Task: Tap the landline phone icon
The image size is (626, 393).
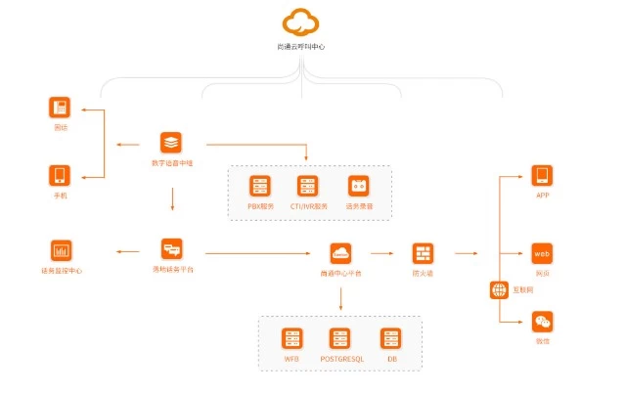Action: point(60,107)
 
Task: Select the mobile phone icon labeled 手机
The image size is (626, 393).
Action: point(60,176)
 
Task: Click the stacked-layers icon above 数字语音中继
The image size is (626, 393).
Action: point(171,142)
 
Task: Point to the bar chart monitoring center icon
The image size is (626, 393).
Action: point(61,250)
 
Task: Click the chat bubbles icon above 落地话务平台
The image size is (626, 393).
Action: point(172,249)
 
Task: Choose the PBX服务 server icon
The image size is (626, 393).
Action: point(260,186)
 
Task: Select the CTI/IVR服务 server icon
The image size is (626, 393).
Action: point(308,186)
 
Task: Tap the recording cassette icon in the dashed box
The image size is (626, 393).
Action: point(358,186)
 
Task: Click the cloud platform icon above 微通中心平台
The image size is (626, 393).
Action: point(340,253)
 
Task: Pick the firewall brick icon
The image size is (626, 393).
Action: point(423,253)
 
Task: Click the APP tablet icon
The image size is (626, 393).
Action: point(542,176)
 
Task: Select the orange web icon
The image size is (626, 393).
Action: point(542,253)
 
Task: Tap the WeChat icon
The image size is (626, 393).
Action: point(542,322)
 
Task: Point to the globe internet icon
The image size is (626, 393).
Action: point(499,289)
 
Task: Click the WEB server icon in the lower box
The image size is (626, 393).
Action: point(291,338)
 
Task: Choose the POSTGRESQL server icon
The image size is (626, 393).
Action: point(340,338)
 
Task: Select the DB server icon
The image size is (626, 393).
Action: point(391,338)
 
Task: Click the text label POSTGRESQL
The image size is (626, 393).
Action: point(341,360)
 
